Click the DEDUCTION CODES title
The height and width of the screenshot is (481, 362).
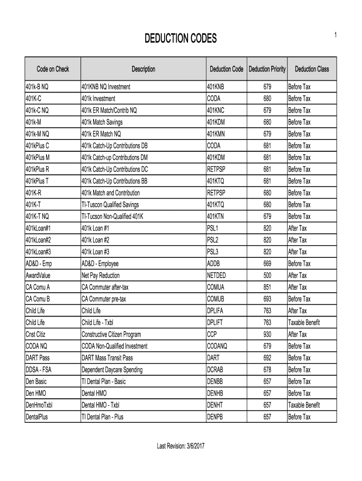click(181, 39)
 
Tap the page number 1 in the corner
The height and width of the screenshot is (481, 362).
click(335, 35)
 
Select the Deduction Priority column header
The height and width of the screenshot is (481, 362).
click(267, 70)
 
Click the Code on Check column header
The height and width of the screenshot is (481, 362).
click(53, 70)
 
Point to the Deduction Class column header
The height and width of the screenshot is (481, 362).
click(312, 70)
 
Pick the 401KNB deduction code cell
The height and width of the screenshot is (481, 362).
click(216, 87)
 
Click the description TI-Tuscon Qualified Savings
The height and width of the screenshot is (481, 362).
click(110, 205)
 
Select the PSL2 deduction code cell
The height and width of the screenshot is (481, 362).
click(213, 240)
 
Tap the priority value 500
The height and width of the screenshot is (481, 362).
click(267, 275)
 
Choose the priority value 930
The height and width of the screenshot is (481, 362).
click(267, 334)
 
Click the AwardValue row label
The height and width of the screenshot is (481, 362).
click(38, 275)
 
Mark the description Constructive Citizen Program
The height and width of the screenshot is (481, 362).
click(111, 334)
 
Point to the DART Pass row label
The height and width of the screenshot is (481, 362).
click(37, 358)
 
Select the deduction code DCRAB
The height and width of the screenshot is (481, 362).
click(216, 370)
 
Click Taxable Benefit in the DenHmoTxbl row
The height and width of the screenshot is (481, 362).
click(304, 405)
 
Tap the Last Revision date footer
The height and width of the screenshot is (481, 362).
click(181, 446)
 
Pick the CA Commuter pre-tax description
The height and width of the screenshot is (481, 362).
click(104, 299)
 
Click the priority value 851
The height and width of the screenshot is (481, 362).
click(267, 287)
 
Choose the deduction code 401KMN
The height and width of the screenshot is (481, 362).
click(216, 134)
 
